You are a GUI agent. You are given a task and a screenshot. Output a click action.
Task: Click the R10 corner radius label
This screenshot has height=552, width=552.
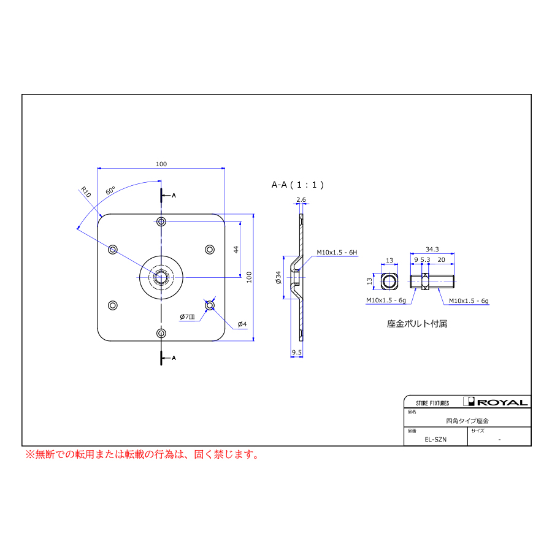click(86, 192)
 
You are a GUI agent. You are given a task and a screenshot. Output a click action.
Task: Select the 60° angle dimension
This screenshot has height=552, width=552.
click(110, 190)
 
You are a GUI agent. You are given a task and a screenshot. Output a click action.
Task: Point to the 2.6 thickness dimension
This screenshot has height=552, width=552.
click(301, 200)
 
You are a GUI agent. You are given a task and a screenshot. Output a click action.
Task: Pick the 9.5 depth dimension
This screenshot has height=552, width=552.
click(296, 352)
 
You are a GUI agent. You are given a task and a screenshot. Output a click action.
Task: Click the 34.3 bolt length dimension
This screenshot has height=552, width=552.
click(432, 249)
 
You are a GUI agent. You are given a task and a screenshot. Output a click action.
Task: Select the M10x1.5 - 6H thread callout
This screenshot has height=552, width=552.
click(337, 252)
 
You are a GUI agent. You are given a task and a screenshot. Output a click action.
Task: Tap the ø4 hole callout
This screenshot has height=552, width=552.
click(242, 323)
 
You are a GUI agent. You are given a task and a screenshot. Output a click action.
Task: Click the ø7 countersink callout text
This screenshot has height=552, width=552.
click(186, 316)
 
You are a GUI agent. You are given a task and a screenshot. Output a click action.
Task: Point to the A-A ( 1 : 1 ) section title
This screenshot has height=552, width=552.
click(297, 184)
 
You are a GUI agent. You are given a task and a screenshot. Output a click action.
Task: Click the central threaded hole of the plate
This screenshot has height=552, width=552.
click(161, 277)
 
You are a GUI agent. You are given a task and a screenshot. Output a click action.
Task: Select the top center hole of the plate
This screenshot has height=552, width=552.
click(161, 221)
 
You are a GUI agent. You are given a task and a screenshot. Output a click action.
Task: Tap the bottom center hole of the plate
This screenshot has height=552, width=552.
click(161, 333)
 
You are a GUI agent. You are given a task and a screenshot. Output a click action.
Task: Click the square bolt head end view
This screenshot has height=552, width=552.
click(389, 282)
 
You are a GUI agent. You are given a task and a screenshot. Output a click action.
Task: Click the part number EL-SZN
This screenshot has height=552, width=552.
click(435, 439)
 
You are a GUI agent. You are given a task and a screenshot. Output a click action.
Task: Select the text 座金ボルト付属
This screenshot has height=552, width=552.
click(417, 323)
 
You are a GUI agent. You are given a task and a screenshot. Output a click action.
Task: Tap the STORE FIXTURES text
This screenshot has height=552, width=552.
click(432, 403)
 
